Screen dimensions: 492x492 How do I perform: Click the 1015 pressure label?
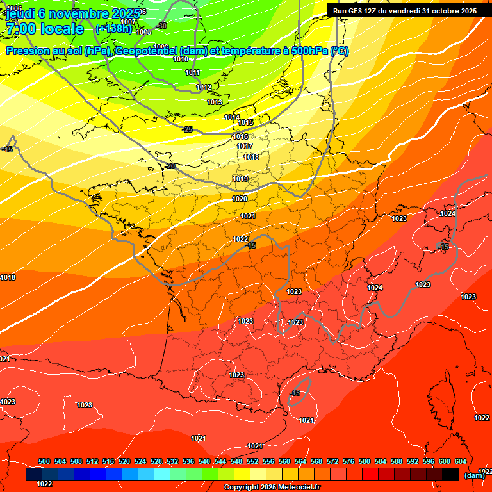[x=246, y=122]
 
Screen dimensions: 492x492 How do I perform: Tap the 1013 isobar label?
[x=215, y=102]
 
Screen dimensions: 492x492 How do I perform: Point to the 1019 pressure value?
[x=240, y=179]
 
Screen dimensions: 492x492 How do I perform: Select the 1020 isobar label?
[x=240, y=199]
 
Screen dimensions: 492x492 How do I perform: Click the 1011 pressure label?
[x=193, y=72]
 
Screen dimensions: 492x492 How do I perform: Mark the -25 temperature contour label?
[x=187, y=129]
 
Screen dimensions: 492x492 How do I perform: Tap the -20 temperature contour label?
[x=170, y=166]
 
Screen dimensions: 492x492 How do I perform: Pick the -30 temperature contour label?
[x=161, y=26]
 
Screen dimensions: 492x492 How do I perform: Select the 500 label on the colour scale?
[x=44, y=461]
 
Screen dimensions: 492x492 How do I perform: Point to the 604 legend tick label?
[x=461, y=461]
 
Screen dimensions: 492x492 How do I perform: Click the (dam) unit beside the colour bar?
[x=474, y=475]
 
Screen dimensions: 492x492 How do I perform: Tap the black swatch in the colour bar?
[x=450, y=474]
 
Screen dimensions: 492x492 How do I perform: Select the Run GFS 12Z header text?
[x=404, y=10]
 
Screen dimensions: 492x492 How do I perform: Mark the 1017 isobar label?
[x=245, y=146]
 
